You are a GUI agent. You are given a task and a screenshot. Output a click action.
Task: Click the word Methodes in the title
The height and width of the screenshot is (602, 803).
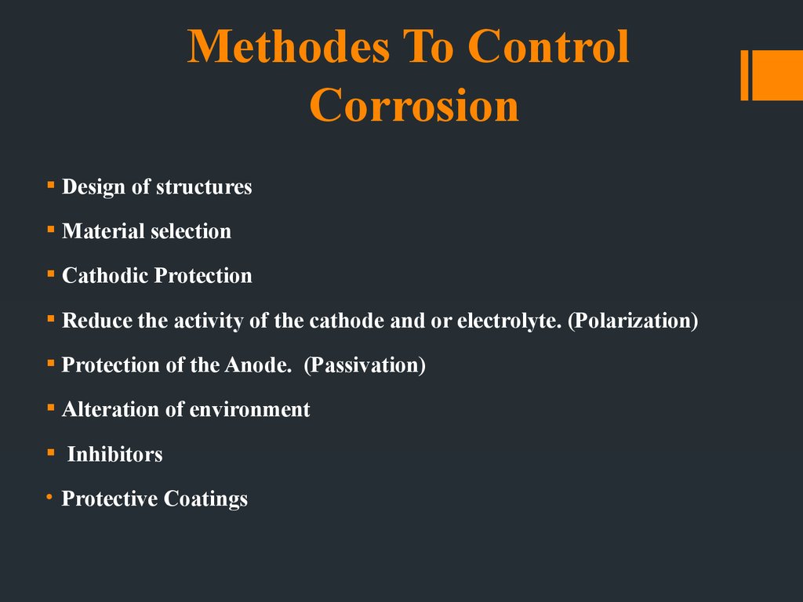289,46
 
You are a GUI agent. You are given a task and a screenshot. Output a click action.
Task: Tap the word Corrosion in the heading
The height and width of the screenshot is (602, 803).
414,105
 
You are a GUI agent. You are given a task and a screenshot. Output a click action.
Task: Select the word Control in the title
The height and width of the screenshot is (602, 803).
548,46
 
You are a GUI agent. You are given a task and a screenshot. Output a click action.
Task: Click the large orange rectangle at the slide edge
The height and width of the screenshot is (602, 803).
777,75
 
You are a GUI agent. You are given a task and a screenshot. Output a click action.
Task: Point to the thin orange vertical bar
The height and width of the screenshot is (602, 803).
745,75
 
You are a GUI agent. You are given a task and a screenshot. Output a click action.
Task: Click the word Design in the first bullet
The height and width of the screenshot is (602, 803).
94,187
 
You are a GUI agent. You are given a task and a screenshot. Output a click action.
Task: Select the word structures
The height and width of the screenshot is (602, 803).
204,187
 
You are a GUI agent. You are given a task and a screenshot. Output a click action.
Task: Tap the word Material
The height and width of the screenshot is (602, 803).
104,231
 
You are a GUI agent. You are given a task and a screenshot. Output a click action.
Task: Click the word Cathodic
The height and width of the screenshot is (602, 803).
106,275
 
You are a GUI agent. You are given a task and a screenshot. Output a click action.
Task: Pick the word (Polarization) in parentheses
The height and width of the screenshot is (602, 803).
633,321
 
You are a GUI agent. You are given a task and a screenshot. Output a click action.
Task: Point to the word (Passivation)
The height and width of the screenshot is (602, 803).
365,365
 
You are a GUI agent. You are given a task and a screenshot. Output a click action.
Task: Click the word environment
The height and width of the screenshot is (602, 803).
249,410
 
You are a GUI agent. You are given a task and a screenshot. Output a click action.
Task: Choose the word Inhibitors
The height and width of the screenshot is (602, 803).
114,454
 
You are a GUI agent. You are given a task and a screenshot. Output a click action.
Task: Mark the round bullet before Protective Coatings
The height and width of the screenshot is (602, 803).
49,496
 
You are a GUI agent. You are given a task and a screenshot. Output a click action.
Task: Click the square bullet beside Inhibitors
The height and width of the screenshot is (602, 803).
51,452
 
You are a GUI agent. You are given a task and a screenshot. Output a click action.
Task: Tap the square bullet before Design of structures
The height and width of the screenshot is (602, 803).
51,185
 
